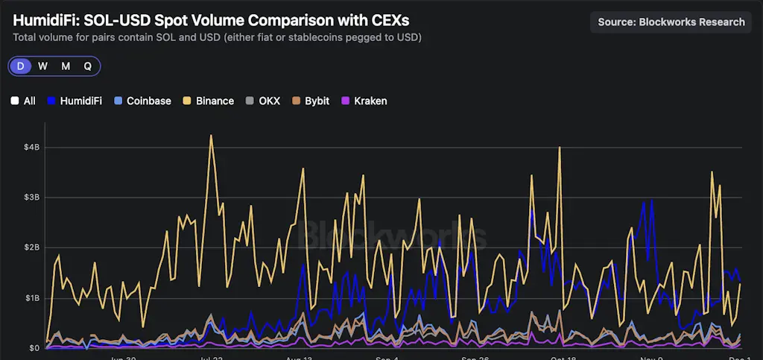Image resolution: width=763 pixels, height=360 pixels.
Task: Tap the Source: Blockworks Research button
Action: pos(671,22)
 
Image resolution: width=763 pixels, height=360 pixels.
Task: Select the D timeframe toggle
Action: pos(21,66)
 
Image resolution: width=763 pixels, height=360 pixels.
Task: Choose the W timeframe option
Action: pos(43,66)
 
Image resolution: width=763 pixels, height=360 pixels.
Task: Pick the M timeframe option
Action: pos(66,66)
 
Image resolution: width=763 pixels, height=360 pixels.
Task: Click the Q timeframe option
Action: pos(87,66)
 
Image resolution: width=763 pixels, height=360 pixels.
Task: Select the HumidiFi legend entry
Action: pos(75,101)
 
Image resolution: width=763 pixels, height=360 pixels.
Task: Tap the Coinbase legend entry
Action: pos(142,101)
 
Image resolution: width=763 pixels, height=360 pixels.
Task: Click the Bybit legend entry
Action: pos(311,101)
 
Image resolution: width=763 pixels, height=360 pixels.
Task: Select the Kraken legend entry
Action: pos(364,101)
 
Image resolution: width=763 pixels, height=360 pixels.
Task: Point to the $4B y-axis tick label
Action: pos(31,148)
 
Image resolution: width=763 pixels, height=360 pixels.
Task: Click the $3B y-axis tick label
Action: pos(31,198)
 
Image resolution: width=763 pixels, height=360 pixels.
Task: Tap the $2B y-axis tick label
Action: pos(31,247)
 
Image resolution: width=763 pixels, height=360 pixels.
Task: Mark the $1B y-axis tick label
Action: pos(31,298)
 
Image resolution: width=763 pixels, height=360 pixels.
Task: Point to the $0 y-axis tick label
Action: pos(34,347)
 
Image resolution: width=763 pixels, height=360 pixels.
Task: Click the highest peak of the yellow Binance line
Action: pos(212,136)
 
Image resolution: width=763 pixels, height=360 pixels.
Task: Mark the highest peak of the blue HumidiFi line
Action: pos(652,200)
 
